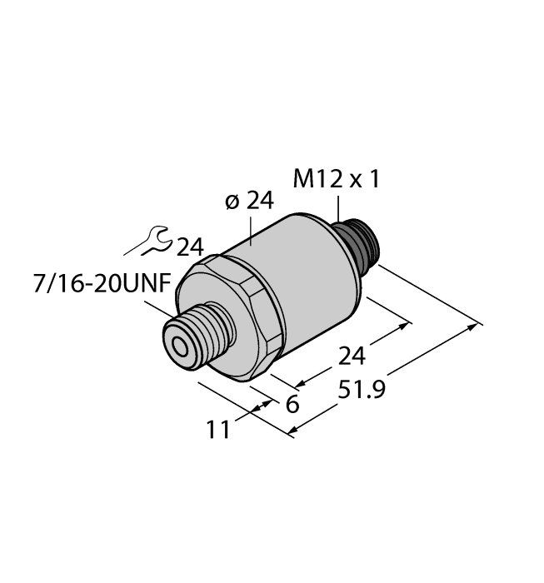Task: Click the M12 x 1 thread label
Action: [x=337, y=178]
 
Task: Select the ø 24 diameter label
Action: [x=249, y=202]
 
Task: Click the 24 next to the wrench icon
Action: [x=190, y=247]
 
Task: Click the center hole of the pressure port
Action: [x=177, y=344]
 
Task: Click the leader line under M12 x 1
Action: [x=338, y=208]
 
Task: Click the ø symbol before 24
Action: [x=232, y=202]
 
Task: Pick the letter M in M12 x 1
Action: [x=305, y=178]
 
